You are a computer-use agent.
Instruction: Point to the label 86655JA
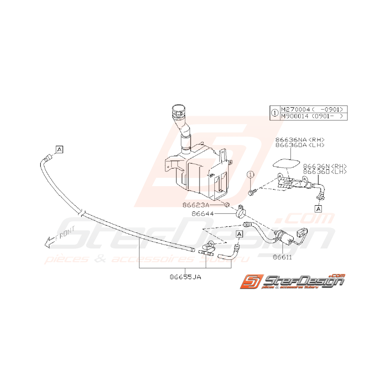pos(186,276)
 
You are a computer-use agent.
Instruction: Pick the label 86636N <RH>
pos(325,167)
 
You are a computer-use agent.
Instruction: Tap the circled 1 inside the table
pos(275,113)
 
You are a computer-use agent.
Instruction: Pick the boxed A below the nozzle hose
pos(318,208)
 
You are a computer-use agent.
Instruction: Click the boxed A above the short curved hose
pos(240,234)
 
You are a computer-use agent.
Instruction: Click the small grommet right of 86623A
pos(227,204)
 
